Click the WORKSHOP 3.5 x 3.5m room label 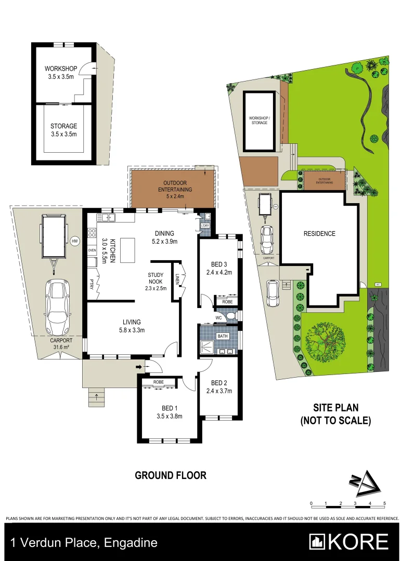(61, 73)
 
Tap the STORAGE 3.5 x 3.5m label (63, 130)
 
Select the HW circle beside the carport (76, 241)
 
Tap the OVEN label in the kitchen (92, 250)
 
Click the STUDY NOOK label (156, 281)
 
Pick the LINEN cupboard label (177, 279)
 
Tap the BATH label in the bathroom (223, 336)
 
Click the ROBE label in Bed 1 (159, 382)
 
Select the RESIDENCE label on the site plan (319, 234)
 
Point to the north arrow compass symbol (366, 485)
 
